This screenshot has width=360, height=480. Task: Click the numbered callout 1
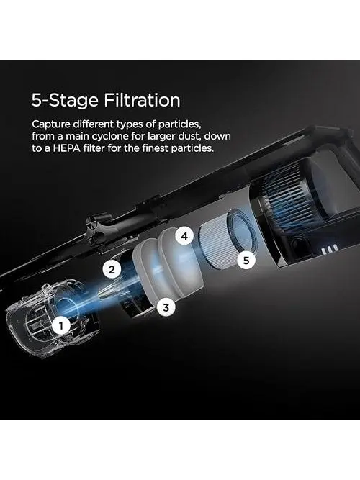click(x=62, y=326)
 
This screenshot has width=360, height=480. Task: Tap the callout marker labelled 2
click(x=112, y=269)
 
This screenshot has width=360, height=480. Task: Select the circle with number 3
click(x=166, y=307)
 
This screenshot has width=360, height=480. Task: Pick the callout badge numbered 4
click(x=184, y=236)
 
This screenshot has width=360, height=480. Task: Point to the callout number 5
click(x=246, y=261)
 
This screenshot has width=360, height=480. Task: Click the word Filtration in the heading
click(x=142, y=100)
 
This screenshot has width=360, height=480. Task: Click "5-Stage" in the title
click(x=66, y=101)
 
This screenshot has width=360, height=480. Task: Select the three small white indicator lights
click(x=330, y=250)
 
